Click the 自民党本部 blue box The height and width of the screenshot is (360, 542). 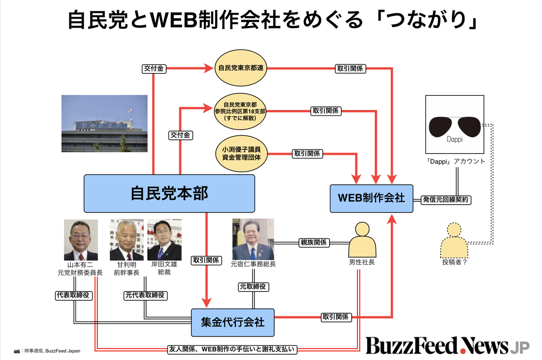(x=169, y=193)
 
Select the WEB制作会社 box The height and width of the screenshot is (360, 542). (x=371, y=198)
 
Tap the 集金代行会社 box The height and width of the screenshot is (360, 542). (x=232, y=322)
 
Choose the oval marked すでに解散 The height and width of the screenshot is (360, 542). (x=240, y=111)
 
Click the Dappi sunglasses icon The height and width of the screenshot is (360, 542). (x=454, y=126)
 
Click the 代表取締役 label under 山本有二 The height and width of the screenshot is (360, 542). (x=73, y=295)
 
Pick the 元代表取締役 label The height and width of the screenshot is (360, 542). (x=145, y=295)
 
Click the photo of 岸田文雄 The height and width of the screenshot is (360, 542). (x=164, y=239)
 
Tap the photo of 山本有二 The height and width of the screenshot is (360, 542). (x=81, y=239)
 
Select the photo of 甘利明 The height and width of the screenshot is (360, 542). (x=126, y=239)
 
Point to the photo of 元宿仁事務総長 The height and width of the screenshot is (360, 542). (x=253, y=239)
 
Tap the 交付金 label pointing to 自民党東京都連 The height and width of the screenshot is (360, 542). (x=154, y=68)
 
